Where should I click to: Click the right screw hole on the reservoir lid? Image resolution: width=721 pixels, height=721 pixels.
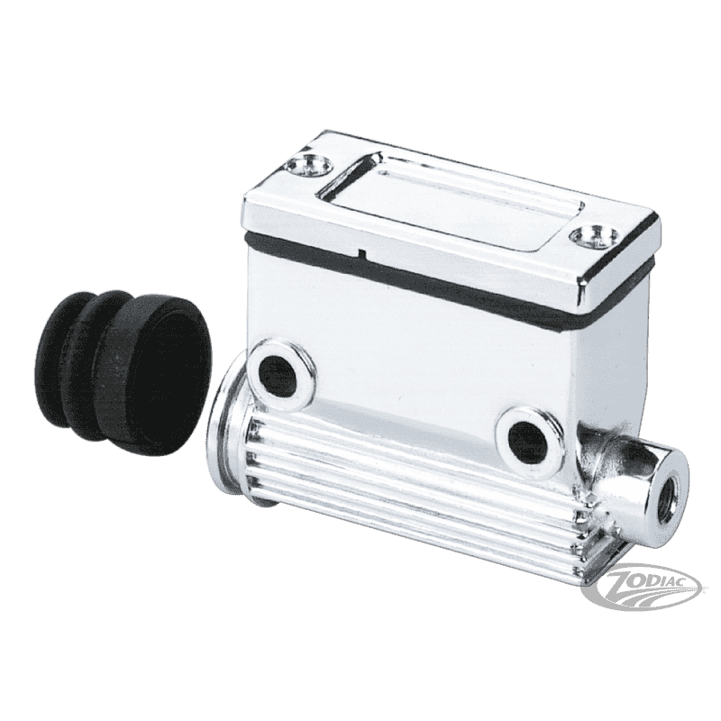coord(594,236)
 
